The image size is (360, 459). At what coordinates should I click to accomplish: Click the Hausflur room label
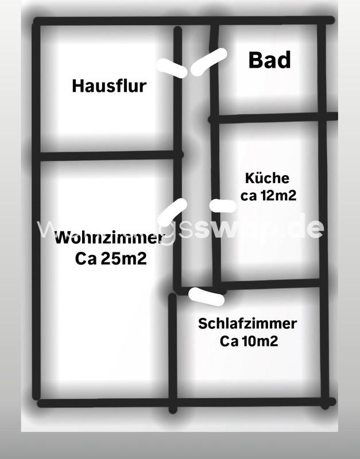coord(109,86)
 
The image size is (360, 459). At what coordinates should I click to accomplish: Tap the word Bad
coord(269,60)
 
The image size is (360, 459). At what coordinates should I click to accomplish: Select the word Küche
coord(267,178)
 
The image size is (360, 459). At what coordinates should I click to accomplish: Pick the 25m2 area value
coord(124,259)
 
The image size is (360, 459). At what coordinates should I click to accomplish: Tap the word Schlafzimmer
coord(247,324)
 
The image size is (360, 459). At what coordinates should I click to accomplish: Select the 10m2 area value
coord(259,341)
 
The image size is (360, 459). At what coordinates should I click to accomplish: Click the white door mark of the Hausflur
coord(172,68)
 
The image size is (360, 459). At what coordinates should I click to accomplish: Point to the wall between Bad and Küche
coord(270,119)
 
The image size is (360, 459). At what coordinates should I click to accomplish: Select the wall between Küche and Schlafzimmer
coord(270,284)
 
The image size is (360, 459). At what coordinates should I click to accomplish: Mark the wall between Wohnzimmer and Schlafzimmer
coord(172,350)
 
